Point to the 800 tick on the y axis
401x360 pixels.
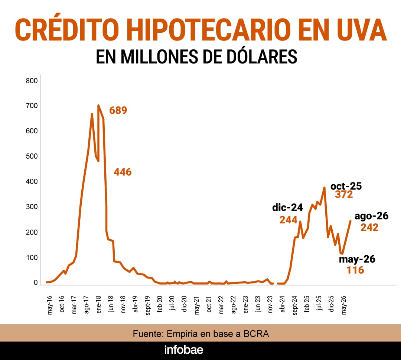pos(32,81)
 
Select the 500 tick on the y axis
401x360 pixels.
pos(32,156)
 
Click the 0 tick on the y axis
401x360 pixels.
pos(36,282)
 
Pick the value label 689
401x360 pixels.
pos(118,110)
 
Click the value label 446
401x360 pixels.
pos(123,172)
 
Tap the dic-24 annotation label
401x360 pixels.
pos(287,208)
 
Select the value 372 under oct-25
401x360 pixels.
pos(344,194)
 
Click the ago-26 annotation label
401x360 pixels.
pos(372,216)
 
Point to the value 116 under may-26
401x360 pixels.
pos(355,270)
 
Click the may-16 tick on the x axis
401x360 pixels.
pos(50,305)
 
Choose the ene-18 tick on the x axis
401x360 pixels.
pos(99,305)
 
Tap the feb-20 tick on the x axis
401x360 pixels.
pos(160,304)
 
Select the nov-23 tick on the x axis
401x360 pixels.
pos(270,305)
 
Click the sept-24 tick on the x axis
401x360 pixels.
pos(295,305)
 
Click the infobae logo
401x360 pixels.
pos(184,350)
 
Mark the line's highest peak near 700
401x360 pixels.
pos(98,105)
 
